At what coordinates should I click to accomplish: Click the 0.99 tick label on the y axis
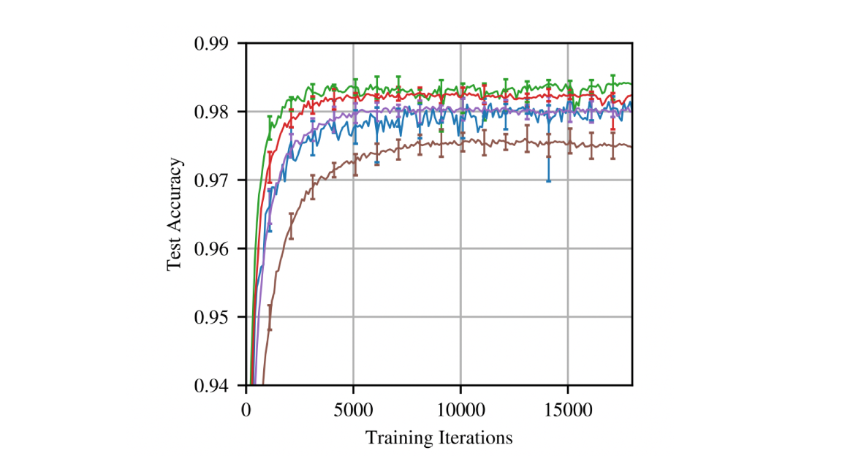coord(217,44)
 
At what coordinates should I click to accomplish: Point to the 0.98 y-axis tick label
coord(217,112)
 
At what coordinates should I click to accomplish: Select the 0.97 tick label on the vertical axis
coord(217,180)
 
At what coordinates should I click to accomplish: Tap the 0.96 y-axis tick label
coord(217,248)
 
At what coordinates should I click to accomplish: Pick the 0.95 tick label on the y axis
coord(217,317)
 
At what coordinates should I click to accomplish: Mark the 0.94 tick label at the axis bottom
coord(217,385)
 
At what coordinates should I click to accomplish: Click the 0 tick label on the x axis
coord(246,408)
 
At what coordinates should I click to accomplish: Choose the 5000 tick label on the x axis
coord(353,408)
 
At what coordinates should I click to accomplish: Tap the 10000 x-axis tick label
coord(460,408)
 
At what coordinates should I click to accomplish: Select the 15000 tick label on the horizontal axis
coord(567,408)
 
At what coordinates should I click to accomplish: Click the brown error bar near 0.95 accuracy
coord(270,317)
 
